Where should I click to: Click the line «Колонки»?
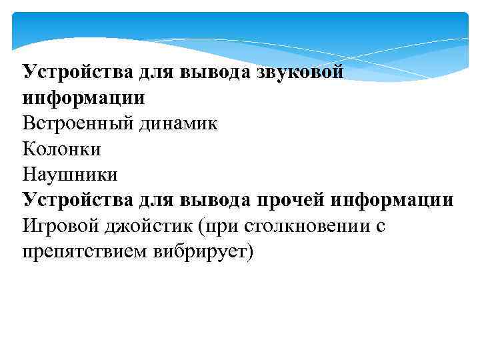point(61,149)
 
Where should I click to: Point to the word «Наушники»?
point(70,175)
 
